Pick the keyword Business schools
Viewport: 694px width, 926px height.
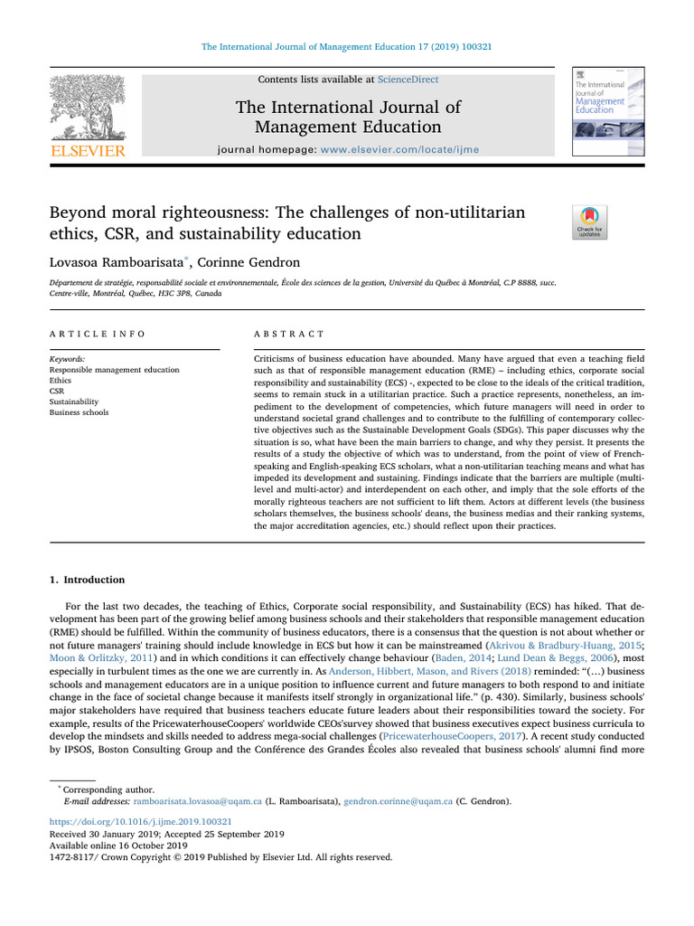[x=79, y=412]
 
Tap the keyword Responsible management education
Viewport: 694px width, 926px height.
[x=114, y=370]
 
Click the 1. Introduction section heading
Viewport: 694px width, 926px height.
[x=87, y=580]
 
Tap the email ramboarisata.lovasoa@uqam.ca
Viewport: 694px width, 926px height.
[x=198, y=801]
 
